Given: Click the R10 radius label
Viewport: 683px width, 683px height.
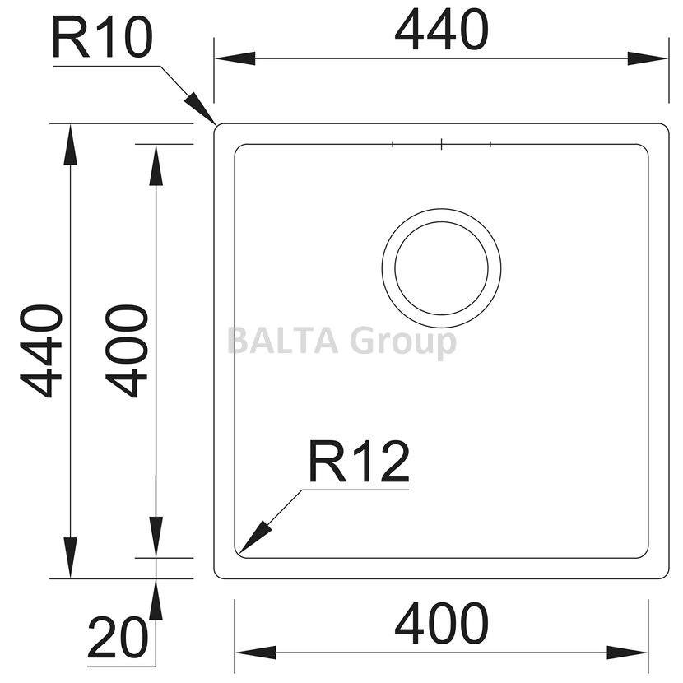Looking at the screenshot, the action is click(102, 39).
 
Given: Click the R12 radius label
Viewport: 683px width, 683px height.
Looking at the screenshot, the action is click(359, 462).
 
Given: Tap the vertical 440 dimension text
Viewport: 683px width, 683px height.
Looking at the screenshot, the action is click(41, 351).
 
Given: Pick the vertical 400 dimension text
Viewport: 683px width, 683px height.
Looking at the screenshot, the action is click(127, 351).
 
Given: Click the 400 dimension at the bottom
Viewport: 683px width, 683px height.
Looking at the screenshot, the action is click(441, 623).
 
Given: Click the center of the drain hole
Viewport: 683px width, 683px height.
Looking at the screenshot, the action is click(441, 268).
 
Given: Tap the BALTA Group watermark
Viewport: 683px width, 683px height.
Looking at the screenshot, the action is click(342, 342).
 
